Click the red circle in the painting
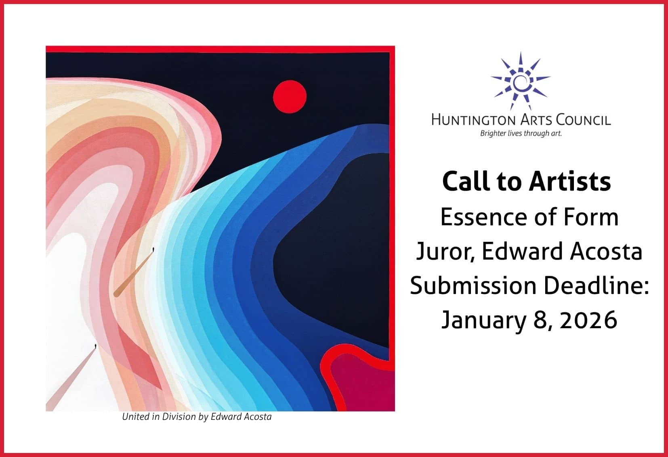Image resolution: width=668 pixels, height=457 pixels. click(290, 96)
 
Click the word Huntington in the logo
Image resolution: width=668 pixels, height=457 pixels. click(474, 120)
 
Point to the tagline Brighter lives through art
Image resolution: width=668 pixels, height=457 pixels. click(521, 133)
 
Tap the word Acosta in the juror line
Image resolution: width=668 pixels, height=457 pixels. click(606, 252)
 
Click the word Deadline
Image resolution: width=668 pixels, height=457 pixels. click(596, 285)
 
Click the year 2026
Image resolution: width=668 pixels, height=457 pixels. click(588, 320)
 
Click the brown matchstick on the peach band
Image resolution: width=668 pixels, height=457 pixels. click(134, 272)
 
